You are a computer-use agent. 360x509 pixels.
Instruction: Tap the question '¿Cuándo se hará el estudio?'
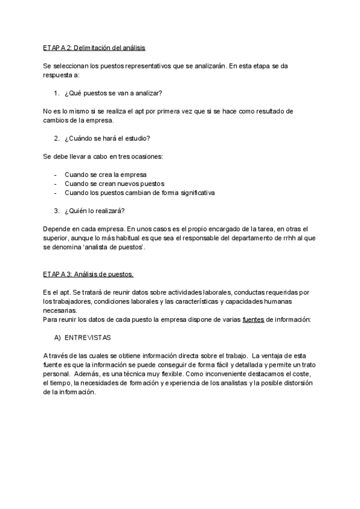tap(107, 139)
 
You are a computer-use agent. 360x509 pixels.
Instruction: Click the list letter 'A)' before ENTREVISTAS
tap(58, 337)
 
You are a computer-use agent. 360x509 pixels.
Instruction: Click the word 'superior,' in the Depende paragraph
tap(58, 238)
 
